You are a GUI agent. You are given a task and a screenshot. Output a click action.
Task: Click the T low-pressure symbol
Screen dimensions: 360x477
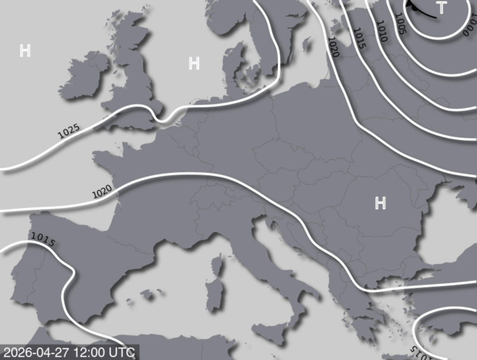[x=441, y=8]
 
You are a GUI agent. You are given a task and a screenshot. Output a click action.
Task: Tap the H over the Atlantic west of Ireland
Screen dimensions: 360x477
[x=25, y=51]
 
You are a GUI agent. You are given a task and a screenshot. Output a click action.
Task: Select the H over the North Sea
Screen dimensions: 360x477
[x=194, y=63]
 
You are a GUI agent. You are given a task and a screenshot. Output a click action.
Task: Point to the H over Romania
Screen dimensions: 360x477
[x=380, y=203]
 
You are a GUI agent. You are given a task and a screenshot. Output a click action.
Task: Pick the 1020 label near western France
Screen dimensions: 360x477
[x=102, y=192]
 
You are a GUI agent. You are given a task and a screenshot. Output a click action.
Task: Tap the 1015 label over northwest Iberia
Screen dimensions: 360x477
[x=42, y=240]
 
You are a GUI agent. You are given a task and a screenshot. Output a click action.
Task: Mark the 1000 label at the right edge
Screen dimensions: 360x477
[x=470, y=26]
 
